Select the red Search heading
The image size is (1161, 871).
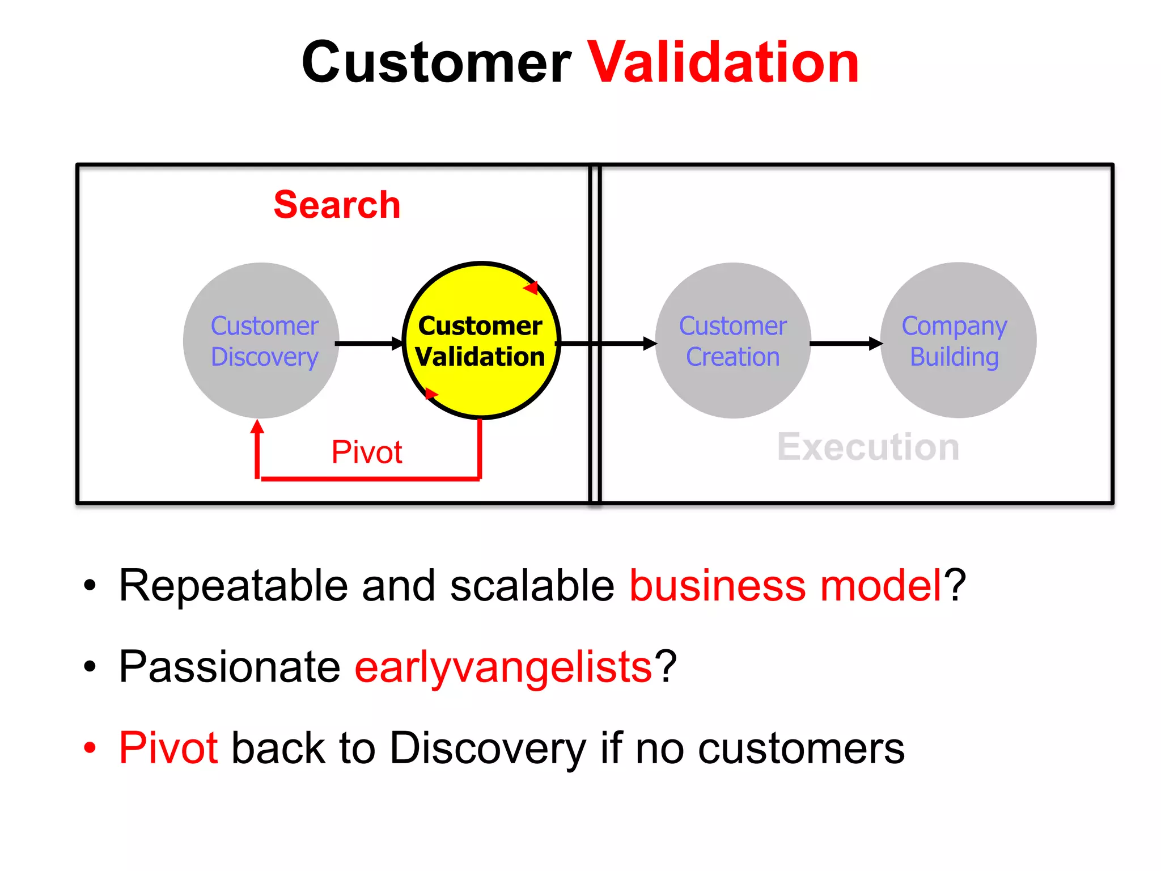pyautogui.click(x=337, y=205)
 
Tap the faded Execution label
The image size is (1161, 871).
pyautogui.click(x=868, y=447)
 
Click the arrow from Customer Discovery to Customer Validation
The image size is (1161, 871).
pyautogui.click(x=368, y=343)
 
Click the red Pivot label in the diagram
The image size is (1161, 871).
pyautogui.click(x=367, y=452)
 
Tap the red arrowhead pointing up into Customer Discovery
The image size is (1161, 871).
pyautogui.click(x=257, y=427)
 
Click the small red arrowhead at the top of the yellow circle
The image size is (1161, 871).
pyautogui.click(x=531, y=288)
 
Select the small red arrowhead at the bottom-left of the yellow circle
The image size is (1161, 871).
pyautogui.click(x=431, y=393)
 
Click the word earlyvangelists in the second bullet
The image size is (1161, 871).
pyautogui.click(x=503, y=667)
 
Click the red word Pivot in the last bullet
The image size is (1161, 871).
pyautogui.click(x=168, y=748)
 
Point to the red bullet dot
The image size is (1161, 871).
pyautogui.click(x=90, y=747)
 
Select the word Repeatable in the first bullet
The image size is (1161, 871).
pyautogui.click(x=233, y=586)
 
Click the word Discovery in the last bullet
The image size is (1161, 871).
pyautogui.click(x=488, y=749)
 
